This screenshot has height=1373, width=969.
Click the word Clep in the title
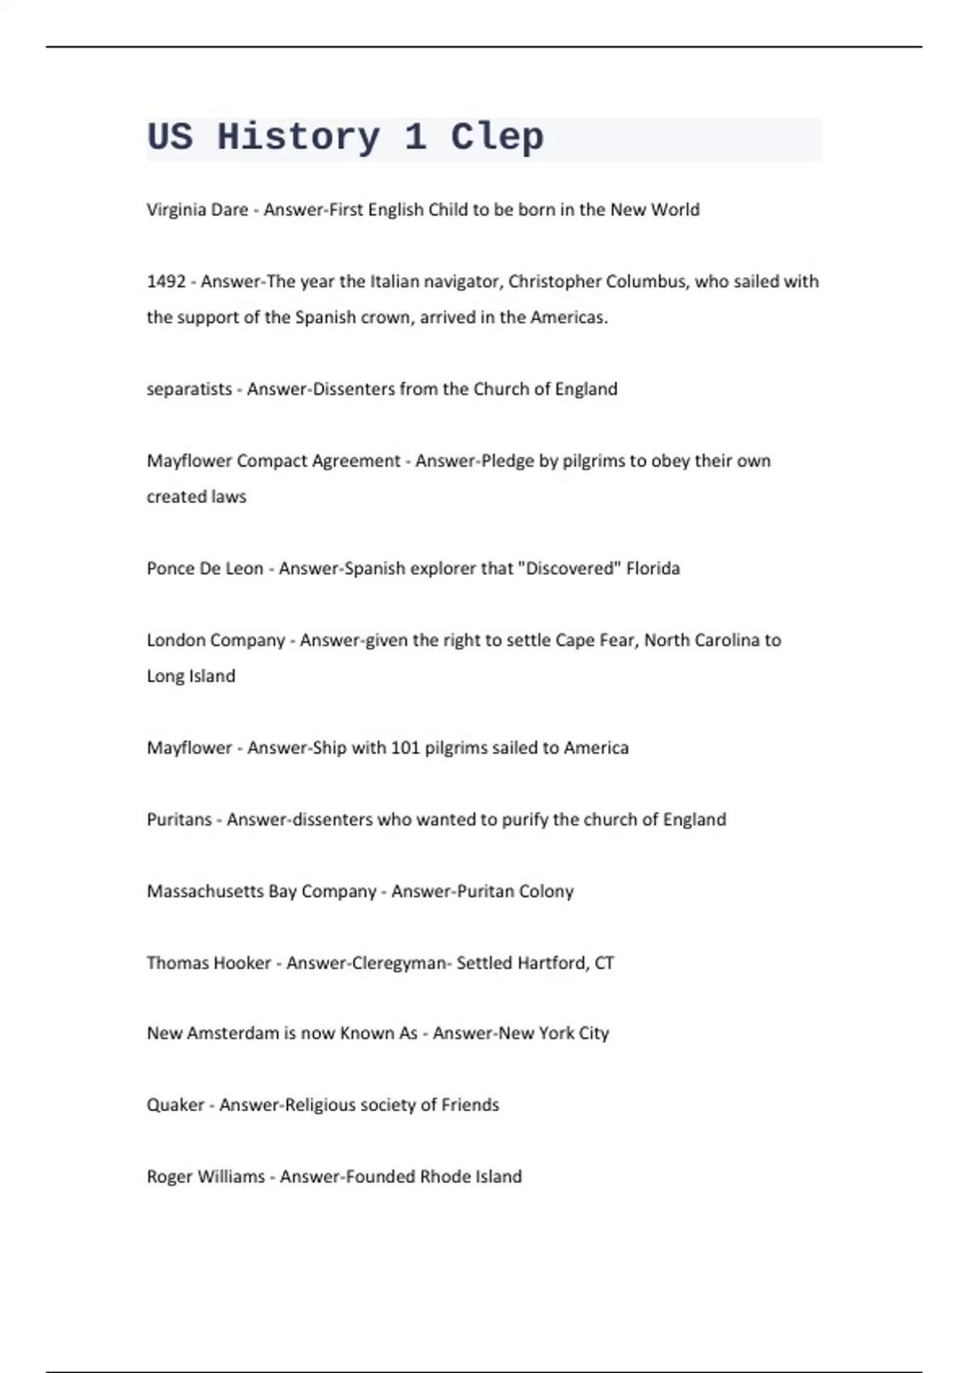coord(497,137)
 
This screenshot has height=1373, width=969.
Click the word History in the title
coord(298,137)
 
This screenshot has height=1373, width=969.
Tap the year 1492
coord(166,281)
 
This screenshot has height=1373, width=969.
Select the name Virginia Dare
coord(197,209)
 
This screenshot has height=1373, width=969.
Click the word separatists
coord(189,388)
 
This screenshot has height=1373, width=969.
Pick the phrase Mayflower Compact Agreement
coord(273,460)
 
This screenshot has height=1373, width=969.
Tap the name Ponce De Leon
coord(205,568)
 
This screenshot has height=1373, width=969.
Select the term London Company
coord(216,640)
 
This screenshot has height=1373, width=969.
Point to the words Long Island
coord(191,675)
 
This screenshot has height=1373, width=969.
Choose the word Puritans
coord(178,819)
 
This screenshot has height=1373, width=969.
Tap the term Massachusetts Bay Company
coord(262,891)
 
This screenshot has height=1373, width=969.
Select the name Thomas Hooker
coord(208,963)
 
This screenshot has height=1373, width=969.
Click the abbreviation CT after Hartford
coord(604,963)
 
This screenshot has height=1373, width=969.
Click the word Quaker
coord(175,1104)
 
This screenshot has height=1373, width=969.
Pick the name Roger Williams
coord(205,1176)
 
